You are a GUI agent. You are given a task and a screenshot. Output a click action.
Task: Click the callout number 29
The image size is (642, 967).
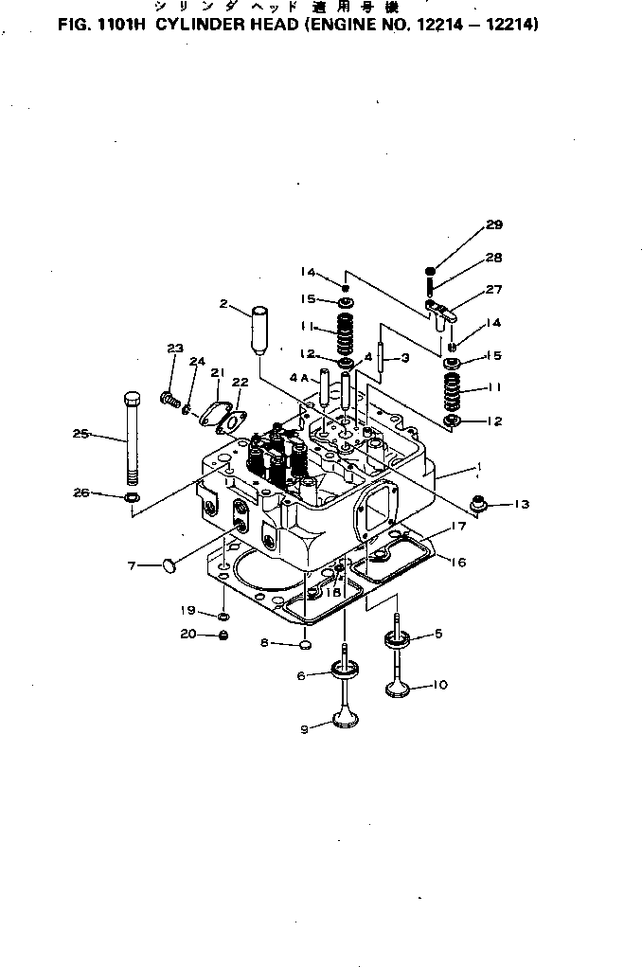click(493, 225)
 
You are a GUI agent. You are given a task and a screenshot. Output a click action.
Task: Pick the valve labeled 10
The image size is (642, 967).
click(398, 688)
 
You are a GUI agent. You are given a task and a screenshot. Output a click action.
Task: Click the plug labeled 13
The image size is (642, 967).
click(480, 504)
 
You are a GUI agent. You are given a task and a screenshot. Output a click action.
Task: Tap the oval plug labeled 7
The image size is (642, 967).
click(169, 565)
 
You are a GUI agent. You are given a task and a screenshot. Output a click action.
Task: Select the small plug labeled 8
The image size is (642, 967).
click(305, 645)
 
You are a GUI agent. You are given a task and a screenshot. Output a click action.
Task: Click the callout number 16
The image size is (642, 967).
click(457, 562)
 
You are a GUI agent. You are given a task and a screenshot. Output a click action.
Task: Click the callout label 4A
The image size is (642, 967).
click(298, 376)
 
